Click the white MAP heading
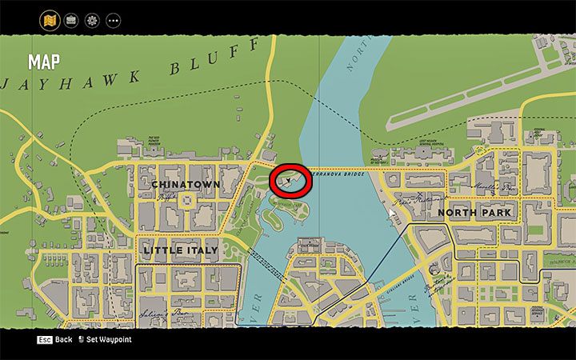[x=45, y=62]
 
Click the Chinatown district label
[x=185, y=184]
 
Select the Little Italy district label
[x=180, y=250]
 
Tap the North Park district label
[x=474, y=213]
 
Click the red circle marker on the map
[x=290, y=180]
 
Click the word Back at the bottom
[x=63, y=340]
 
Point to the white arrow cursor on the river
[x=392, y=214]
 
